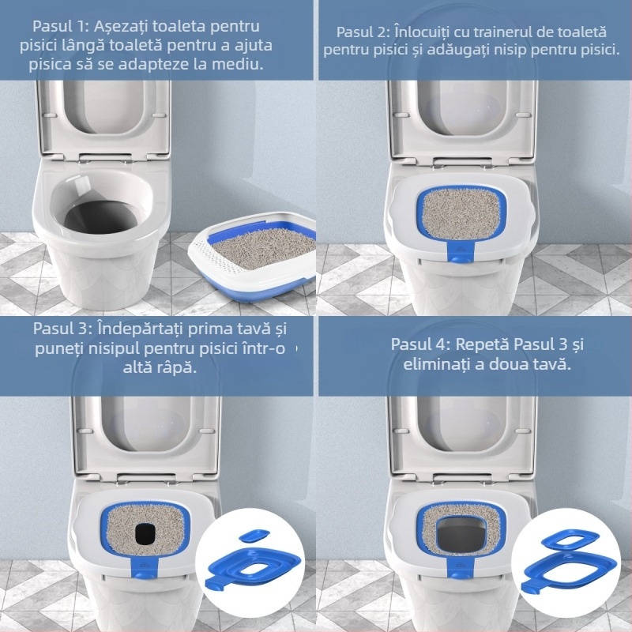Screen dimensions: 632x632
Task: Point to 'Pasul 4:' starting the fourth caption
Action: point(419,345)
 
